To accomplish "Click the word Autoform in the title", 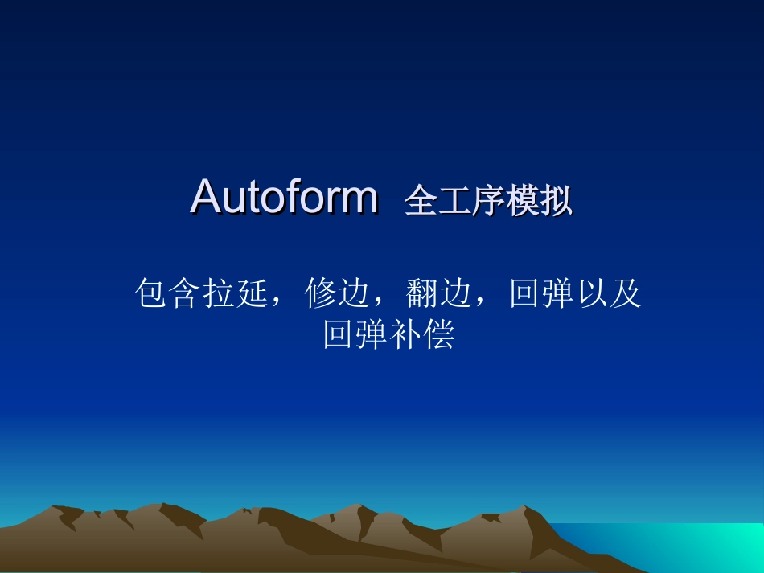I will click(284, 197).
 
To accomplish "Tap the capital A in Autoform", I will click(206, 197).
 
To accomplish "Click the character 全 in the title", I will click(421, 202).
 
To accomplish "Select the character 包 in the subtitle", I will click(153, 294).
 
